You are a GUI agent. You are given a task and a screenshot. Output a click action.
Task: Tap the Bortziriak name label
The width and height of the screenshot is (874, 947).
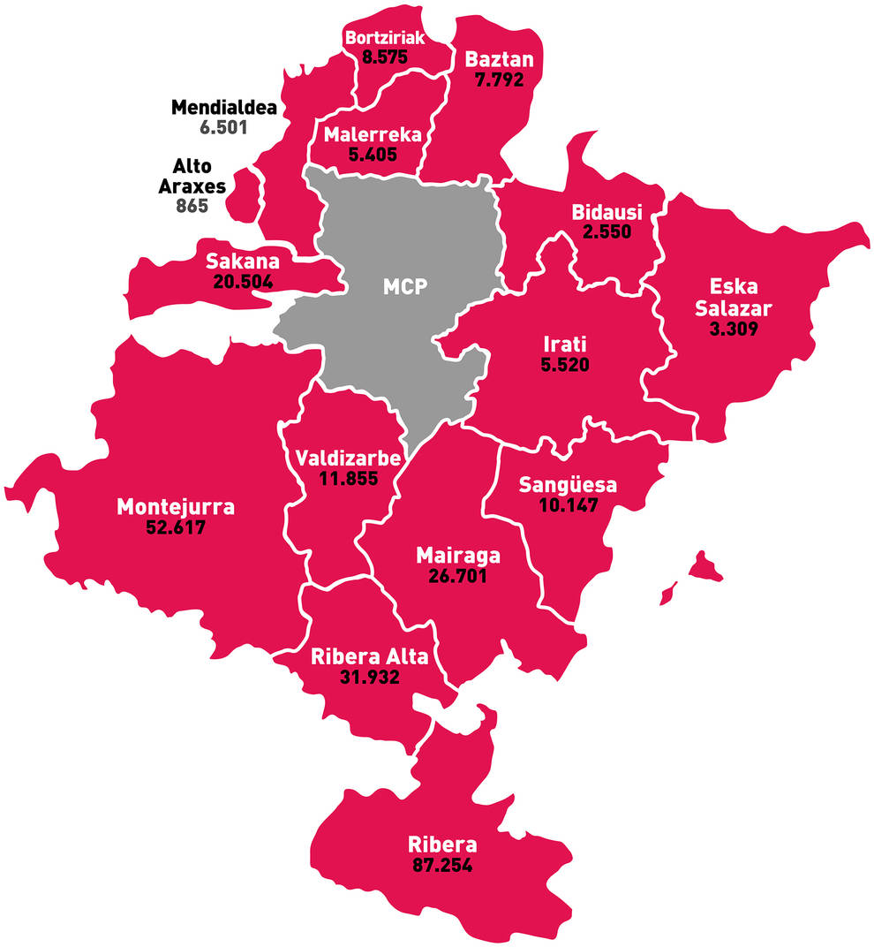pyautogui.click(x=386, y=38)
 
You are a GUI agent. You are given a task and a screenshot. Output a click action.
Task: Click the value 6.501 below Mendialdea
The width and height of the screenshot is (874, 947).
pyautogui.click(x=223, y=127)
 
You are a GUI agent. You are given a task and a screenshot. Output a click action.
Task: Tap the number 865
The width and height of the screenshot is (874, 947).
pyautogui.click(x=192, y=207)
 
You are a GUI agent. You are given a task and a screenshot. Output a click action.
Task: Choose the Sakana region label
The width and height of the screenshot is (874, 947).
pyautogui.click(x=242, y=261)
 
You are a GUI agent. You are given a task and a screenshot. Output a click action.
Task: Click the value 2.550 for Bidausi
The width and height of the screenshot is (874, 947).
pyautogui.click(x=606, y=232)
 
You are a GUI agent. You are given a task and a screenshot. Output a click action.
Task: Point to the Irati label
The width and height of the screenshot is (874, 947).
pyautogui.click(x=565, y=343)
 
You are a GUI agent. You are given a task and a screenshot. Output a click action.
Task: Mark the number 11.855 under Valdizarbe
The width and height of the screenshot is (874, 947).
pyautogui.click(x=348, y=480)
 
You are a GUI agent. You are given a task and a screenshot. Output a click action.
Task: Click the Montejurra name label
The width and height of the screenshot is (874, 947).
pyautogui.click(x=176, y=507)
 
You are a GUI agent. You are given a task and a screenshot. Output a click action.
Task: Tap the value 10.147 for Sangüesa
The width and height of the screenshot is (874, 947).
pyautogui.click(x=568, y=506)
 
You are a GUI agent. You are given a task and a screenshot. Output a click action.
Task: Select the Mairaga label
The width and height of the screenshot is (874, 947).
pyautogui.click(x=457, y=556)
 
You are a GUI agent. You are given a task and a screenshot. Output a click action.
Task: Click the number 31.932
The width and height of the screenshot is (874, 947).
pyautogui.click(x=369, y=678)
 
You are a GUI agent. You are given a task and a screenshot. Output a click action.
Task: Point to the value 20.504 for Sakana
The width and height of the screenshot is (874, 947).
pyautogui.click(x=243, y=282)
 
